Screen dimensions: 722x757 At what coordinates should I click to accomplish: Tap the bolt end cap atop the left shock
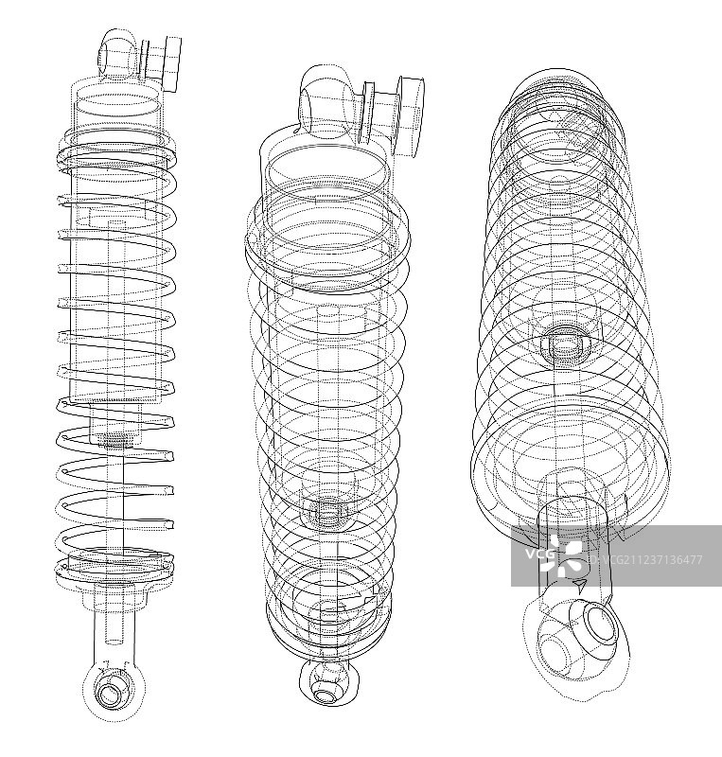point(173,64)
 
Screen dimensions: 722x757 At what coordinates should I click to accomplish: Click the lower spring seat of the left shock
point(114,572)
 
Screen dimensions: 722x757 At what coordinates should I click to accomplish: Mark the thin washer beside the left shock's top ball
point(144,57)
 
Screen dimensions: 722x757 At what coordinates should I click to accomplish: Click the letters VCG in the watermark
point(537,555)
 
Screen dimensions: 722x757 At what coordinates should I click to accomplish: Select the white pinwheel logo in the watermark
point(569,556)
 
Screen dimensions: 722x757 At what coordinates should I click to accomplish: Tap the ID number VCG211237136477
point(644,560)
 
